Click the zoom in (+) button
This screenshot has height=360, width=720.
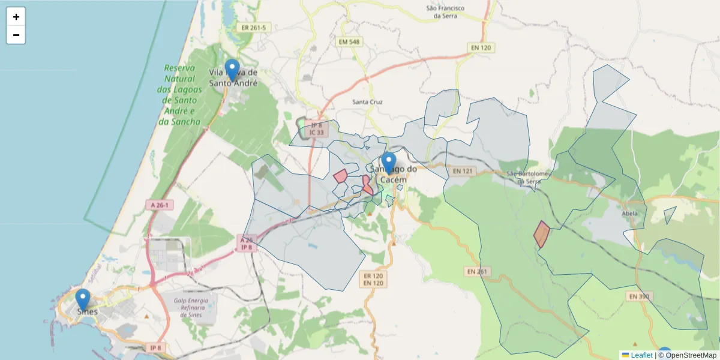click(16, 17)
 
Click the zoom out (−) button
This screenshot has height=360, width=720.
click(16, 35)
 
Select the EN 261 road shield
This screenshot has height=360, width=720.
click(478, 272)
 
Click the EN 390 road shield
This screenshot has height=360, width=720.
click(640, 296)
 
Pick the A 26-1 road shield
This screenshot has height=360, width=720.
click(159, 205)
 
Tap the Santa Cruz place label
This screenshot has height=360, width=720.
click(367, 103)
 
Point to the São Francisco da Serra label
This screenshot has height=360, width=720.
click(445, 12)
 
